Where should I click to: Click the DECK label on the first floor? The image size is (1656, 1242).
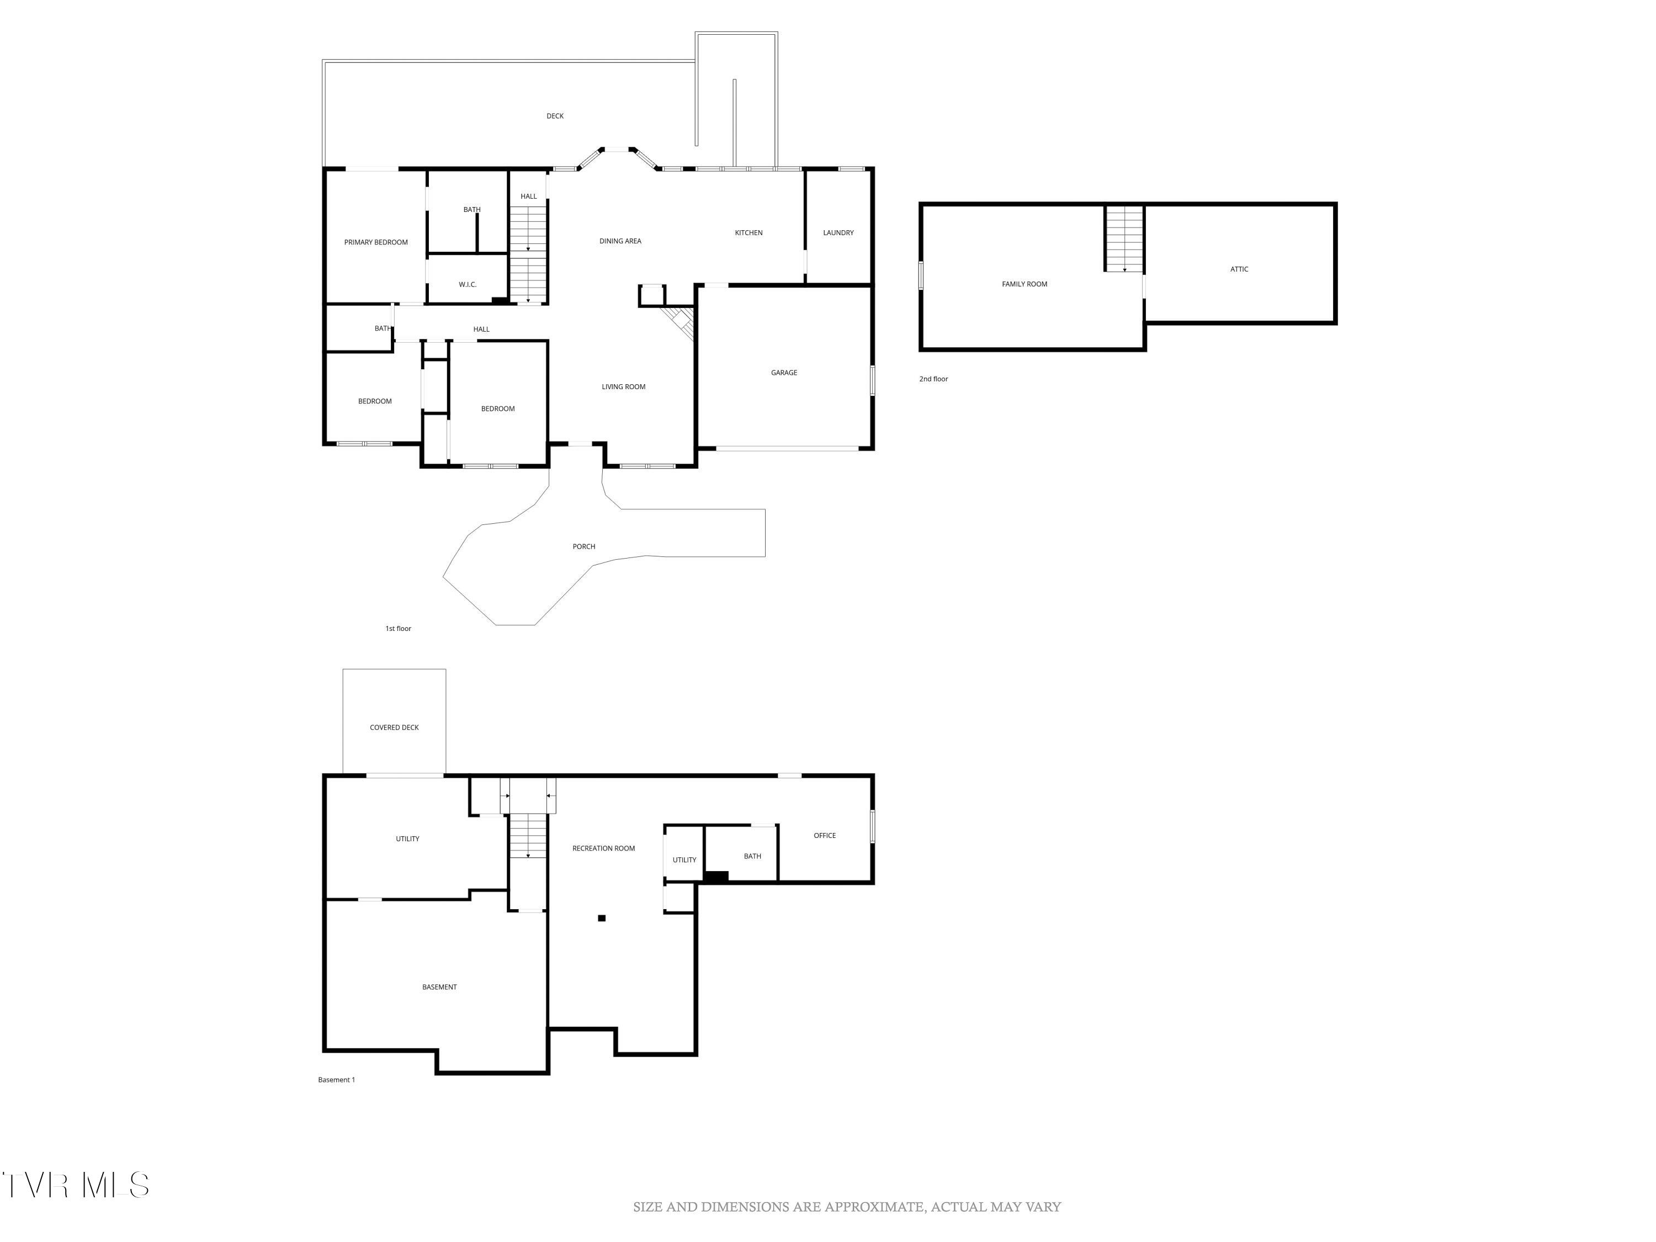[555, 116]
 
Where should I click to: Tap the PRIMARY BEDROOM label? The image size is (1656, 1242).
[376, 242]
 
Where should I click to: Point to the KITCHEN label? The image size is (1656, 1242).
[749, 233]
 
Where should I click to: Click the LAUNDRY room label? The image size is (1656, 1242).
[838, 233]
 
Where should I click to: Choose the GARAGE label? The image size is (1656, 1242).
[784, 373]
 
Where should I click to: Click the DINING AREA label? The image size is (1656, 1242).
[620, 241]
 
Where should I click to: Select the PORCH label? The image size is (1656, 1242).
[584, 546]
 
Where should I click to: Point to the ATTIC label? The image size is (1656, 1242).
[1239, 269]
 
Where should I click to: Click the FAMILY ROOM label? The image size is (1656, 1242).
[1024, 284]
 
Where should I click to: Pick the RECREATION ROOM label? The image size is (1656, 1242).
[603, 848]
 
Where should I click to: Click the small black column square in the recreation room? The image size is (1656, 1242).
[601, 918]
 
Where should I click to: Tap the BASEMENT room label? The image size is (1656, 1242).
[439, 987]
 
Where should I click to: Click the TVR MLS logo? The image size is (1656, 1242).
[75, 1185]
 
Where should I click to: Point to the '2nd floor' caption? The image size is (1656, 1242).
[933, 379]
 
